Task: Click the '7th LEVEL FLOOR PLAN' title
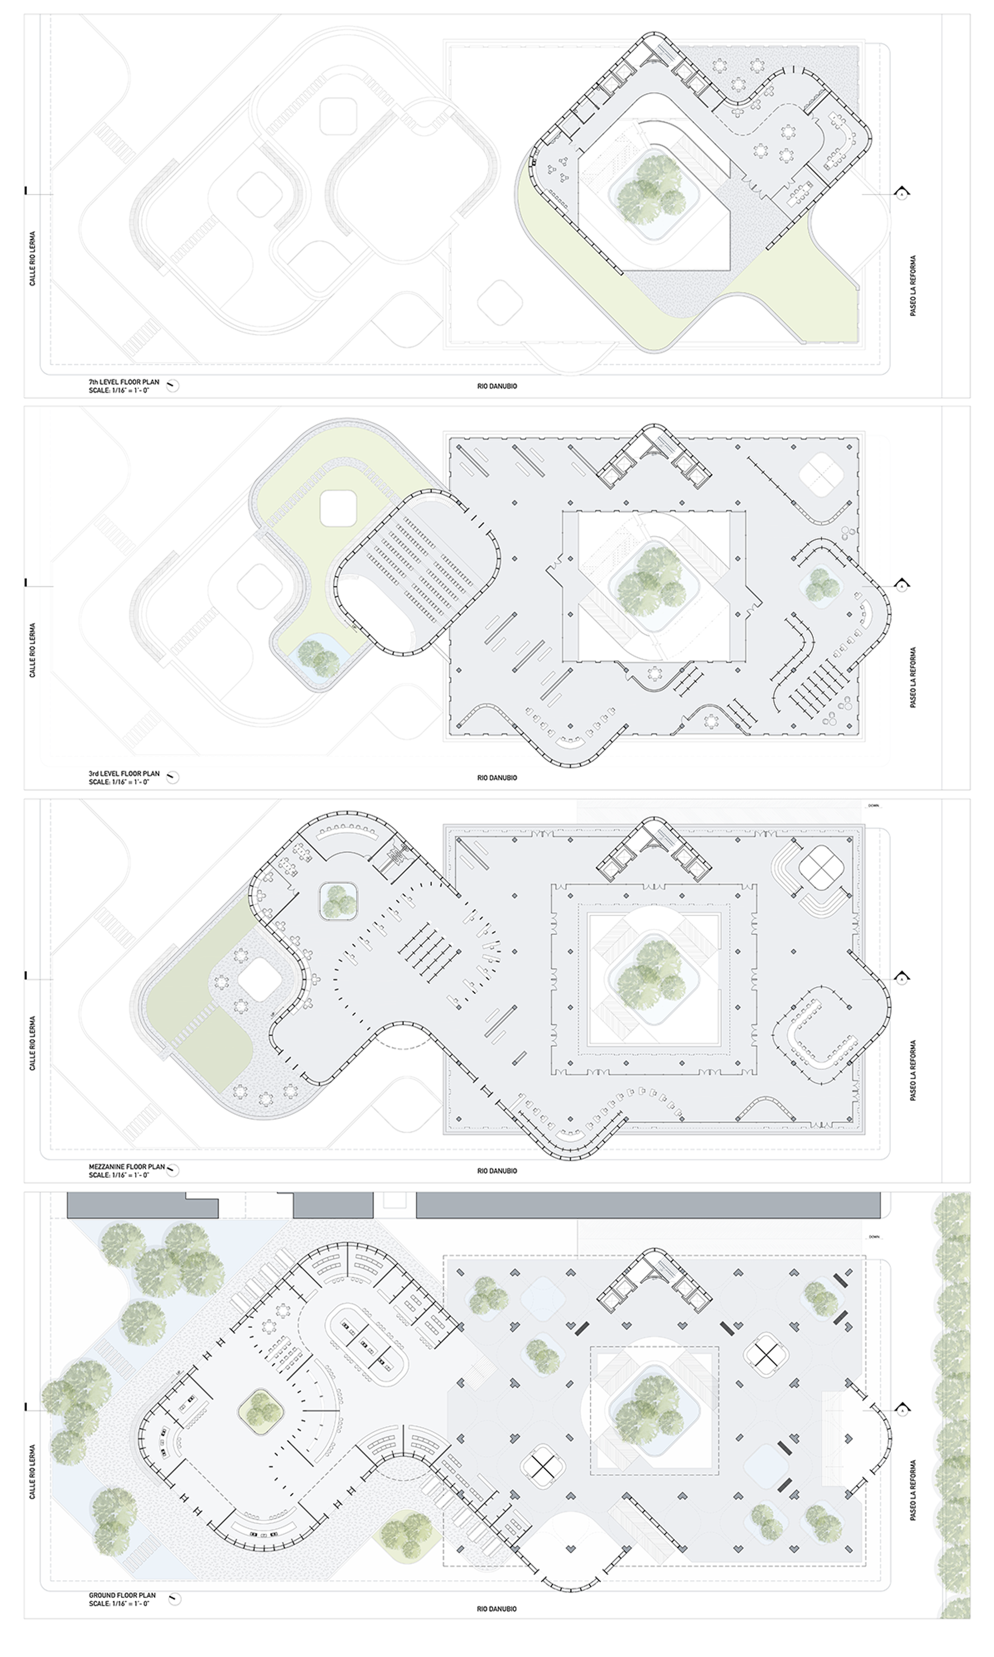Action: tap(124, 382)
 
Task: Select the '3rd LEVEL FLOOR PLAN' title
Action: tap(124, 773)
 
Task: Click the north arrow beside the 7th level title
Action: tap(173, 385)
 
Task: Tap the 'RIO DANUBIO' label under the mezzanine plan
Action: tap(497, 1171)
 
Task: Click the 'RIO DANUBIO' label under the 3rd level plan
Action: tap(497, 778)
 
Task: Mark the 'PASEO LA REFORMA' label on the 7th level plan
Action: tap(913, 285)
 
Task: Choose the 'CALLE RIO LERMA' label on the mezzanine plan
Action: tap(32, 1042)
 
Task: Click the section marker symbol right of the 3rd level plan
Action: tap(902, 585)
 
